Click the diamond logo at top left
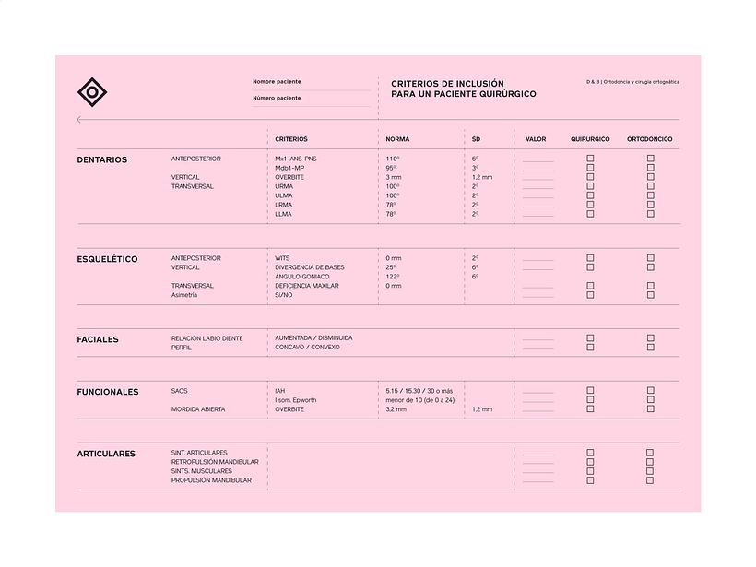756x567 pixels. coord(92,91)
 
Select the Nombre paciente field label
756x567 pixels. coord(277,82)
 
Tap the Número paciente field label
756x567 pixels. coord(277,98)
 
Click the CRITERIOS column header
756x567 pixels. coord(291,139)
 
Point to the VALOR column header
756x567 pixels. coord(536,139)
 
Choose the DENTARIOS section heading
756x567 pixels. coord(102,159)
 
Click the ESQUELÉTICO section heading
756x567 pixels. coord(107,259)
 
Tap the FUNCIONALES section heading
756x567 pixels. coord(108,392)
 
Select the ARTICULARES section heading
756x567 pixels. coord(106,454)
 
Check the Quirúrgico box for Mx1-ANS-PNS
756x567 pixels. coord(590,159)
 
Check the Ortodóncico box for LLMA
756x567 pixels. coord(650,214)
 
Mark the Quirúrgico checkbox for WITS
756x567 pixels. coord(590,258)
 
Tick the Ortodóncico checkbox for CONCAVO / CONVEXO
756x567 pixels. coord(650,348)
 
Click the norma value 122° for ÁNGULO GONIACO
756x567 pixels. coord(393,277)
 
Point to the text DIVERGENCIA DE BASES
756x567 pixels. coord(310,267)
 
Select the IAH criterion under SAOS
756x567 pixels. coord(280,391)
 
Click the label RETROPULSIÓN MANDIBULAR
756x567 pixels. coord(215,462)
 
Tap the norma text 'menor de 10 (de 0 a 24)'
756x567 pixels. coord(420,400)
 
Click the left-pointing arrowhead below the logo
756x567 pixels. coord(79,120)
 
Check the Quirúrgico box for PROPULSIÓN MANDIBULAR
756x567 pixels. coord(590,480)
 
